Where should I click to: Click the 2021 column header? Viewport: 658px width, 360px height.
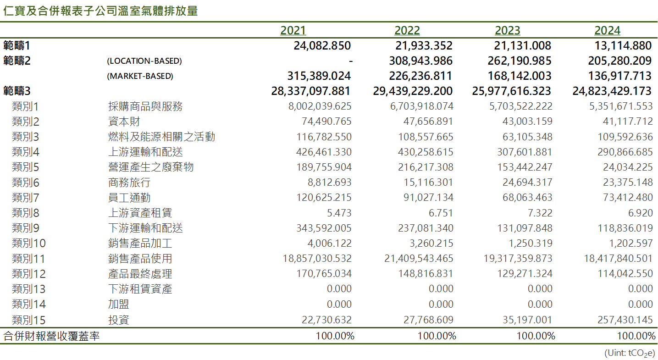293,31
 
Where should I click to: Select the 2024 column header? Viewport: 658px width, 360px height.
607,31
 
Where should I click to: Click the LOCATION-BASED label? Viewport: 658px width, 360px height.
144,61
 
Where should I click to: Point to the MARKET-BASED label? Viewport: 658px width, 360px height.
140,76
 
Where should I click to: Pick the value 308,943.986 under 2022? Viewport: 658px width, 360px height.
420,61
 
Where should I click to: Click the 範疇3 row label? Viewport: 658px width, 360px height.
17,91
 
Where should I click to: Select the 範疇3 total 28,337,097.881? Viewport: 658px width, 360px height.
311,91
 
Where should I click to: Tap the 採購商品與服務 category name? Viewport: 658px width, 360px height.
145,106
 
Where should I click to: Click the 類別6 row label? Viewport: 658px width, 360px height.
26,183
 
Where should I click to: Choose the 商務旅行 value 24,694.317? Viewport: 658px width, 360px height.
525,183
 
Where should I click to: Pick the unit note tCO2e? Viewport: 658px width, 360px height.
630,353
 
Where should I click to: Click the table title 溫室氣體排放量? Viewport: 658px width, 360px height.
151,11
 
